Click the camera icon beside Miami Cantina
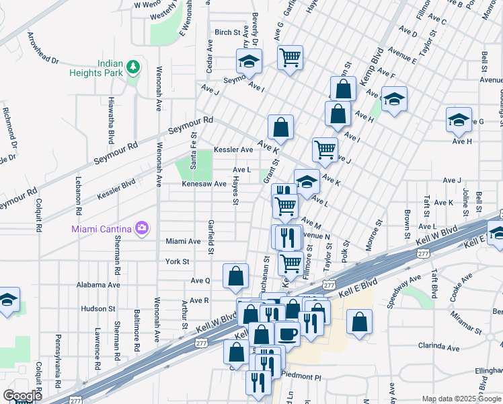point(141,228)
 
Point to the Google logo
point(22,396)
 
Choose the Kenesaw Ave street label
point(202,183)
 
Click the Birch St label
point(227,32)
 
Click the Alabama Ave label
point(98,285)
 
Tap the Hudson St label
point(99,308)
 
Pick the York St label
point(178,261)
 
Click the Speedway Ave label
point(404,290)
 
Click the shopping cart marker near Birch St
point(290,57)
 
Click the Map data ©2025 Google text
point(462,399)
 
